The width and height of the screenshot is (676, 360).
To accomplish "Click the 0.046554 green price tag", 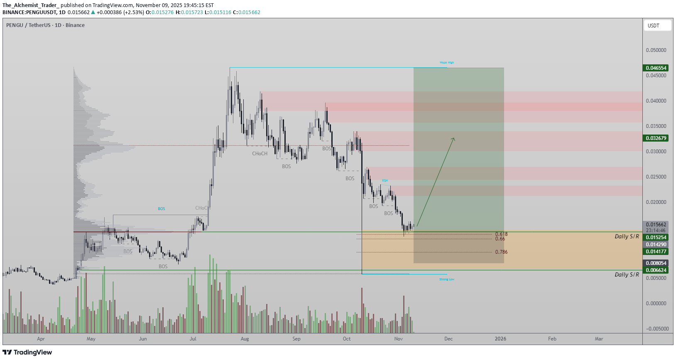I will click(656, 68).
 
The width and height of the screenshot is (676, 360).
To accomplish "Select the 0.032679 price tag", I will click(656, 138).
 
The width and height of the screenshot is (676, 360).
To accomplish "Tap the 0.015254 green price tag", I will click(656, 238).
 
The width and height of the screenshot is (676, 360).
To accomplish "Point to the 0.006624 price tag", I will click(656, 270).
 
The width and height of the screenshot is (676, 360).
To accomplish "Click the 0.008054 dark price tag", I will click(656, 263).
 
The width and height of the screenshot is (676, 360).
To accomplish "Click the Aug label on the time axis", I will click(245, 339).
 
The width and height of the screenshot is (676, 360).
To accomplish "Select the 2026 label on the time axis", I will click(500, 339).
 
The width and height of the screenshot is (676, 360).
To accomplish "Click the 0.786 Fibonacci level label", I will click(501, 252).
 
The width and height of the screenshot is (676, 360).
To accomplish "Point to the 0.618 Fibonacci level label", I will click(501, 234).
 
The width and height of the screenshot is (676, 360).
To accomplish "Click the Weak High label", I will click(447, 63).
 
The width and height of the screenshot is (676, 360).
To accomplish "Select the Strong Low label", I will click(447, 279).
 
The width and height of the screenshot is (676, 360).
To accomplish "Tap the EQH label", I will click(385, 181).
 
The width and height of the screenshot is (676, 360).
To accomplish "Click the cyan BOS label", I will click(161, 209).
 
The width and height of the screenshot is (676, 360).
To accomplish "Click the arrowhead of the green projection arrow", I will click(454, 138).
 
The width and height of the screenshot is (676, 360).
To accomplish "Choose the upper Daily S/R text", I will click(627, 237).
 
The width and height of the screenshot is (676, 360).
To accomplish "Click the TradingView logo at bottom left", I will click(27, 353).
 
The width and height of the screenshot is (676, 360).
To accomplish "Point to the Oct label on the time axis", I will click(347, 339).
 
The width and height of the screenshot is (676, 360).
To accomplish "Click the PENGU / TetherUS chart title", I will click(45, 25).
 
